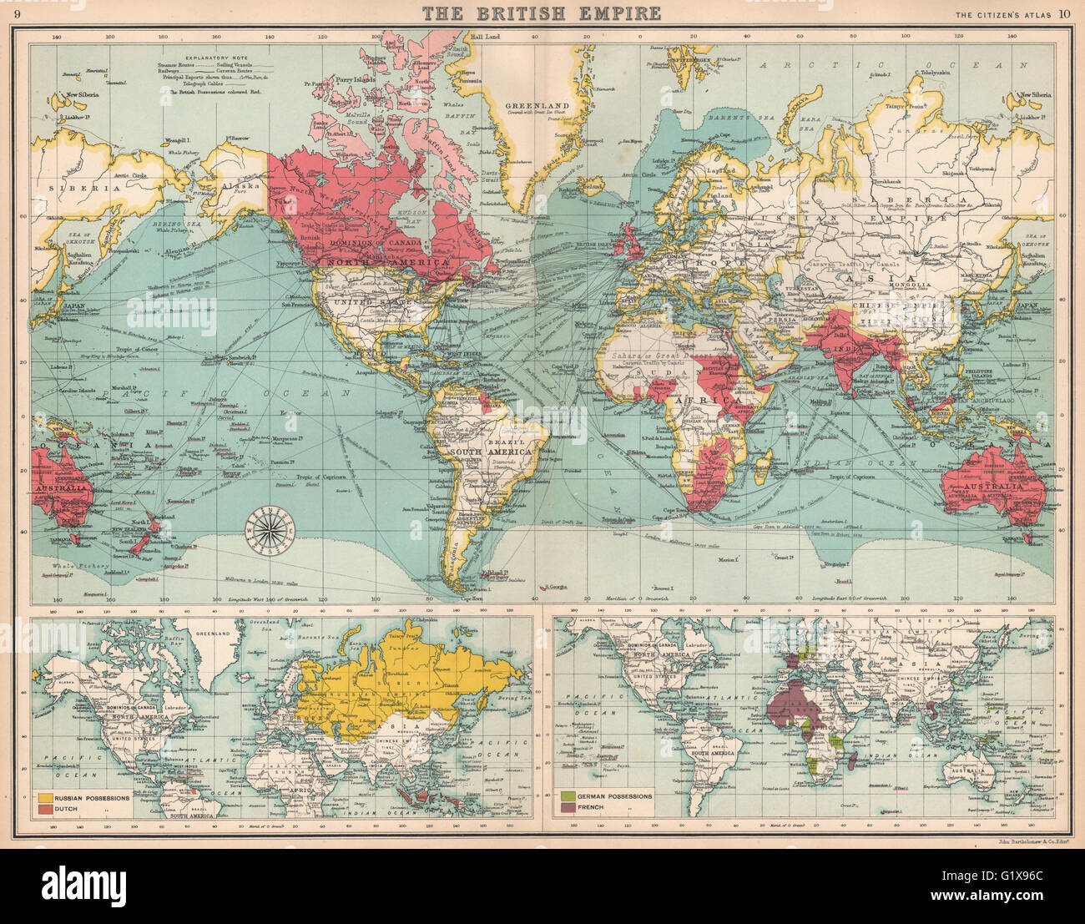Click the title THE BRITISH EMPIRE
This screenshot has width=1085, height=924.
tap(542, 13)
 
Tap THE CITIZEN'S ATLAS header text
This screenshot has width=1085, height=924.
tap(1004, 13)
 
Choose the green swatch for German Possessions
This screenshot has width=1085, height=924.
tap(569, 796)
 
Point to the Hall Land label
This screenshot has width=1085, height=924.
tap(483, 38)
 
